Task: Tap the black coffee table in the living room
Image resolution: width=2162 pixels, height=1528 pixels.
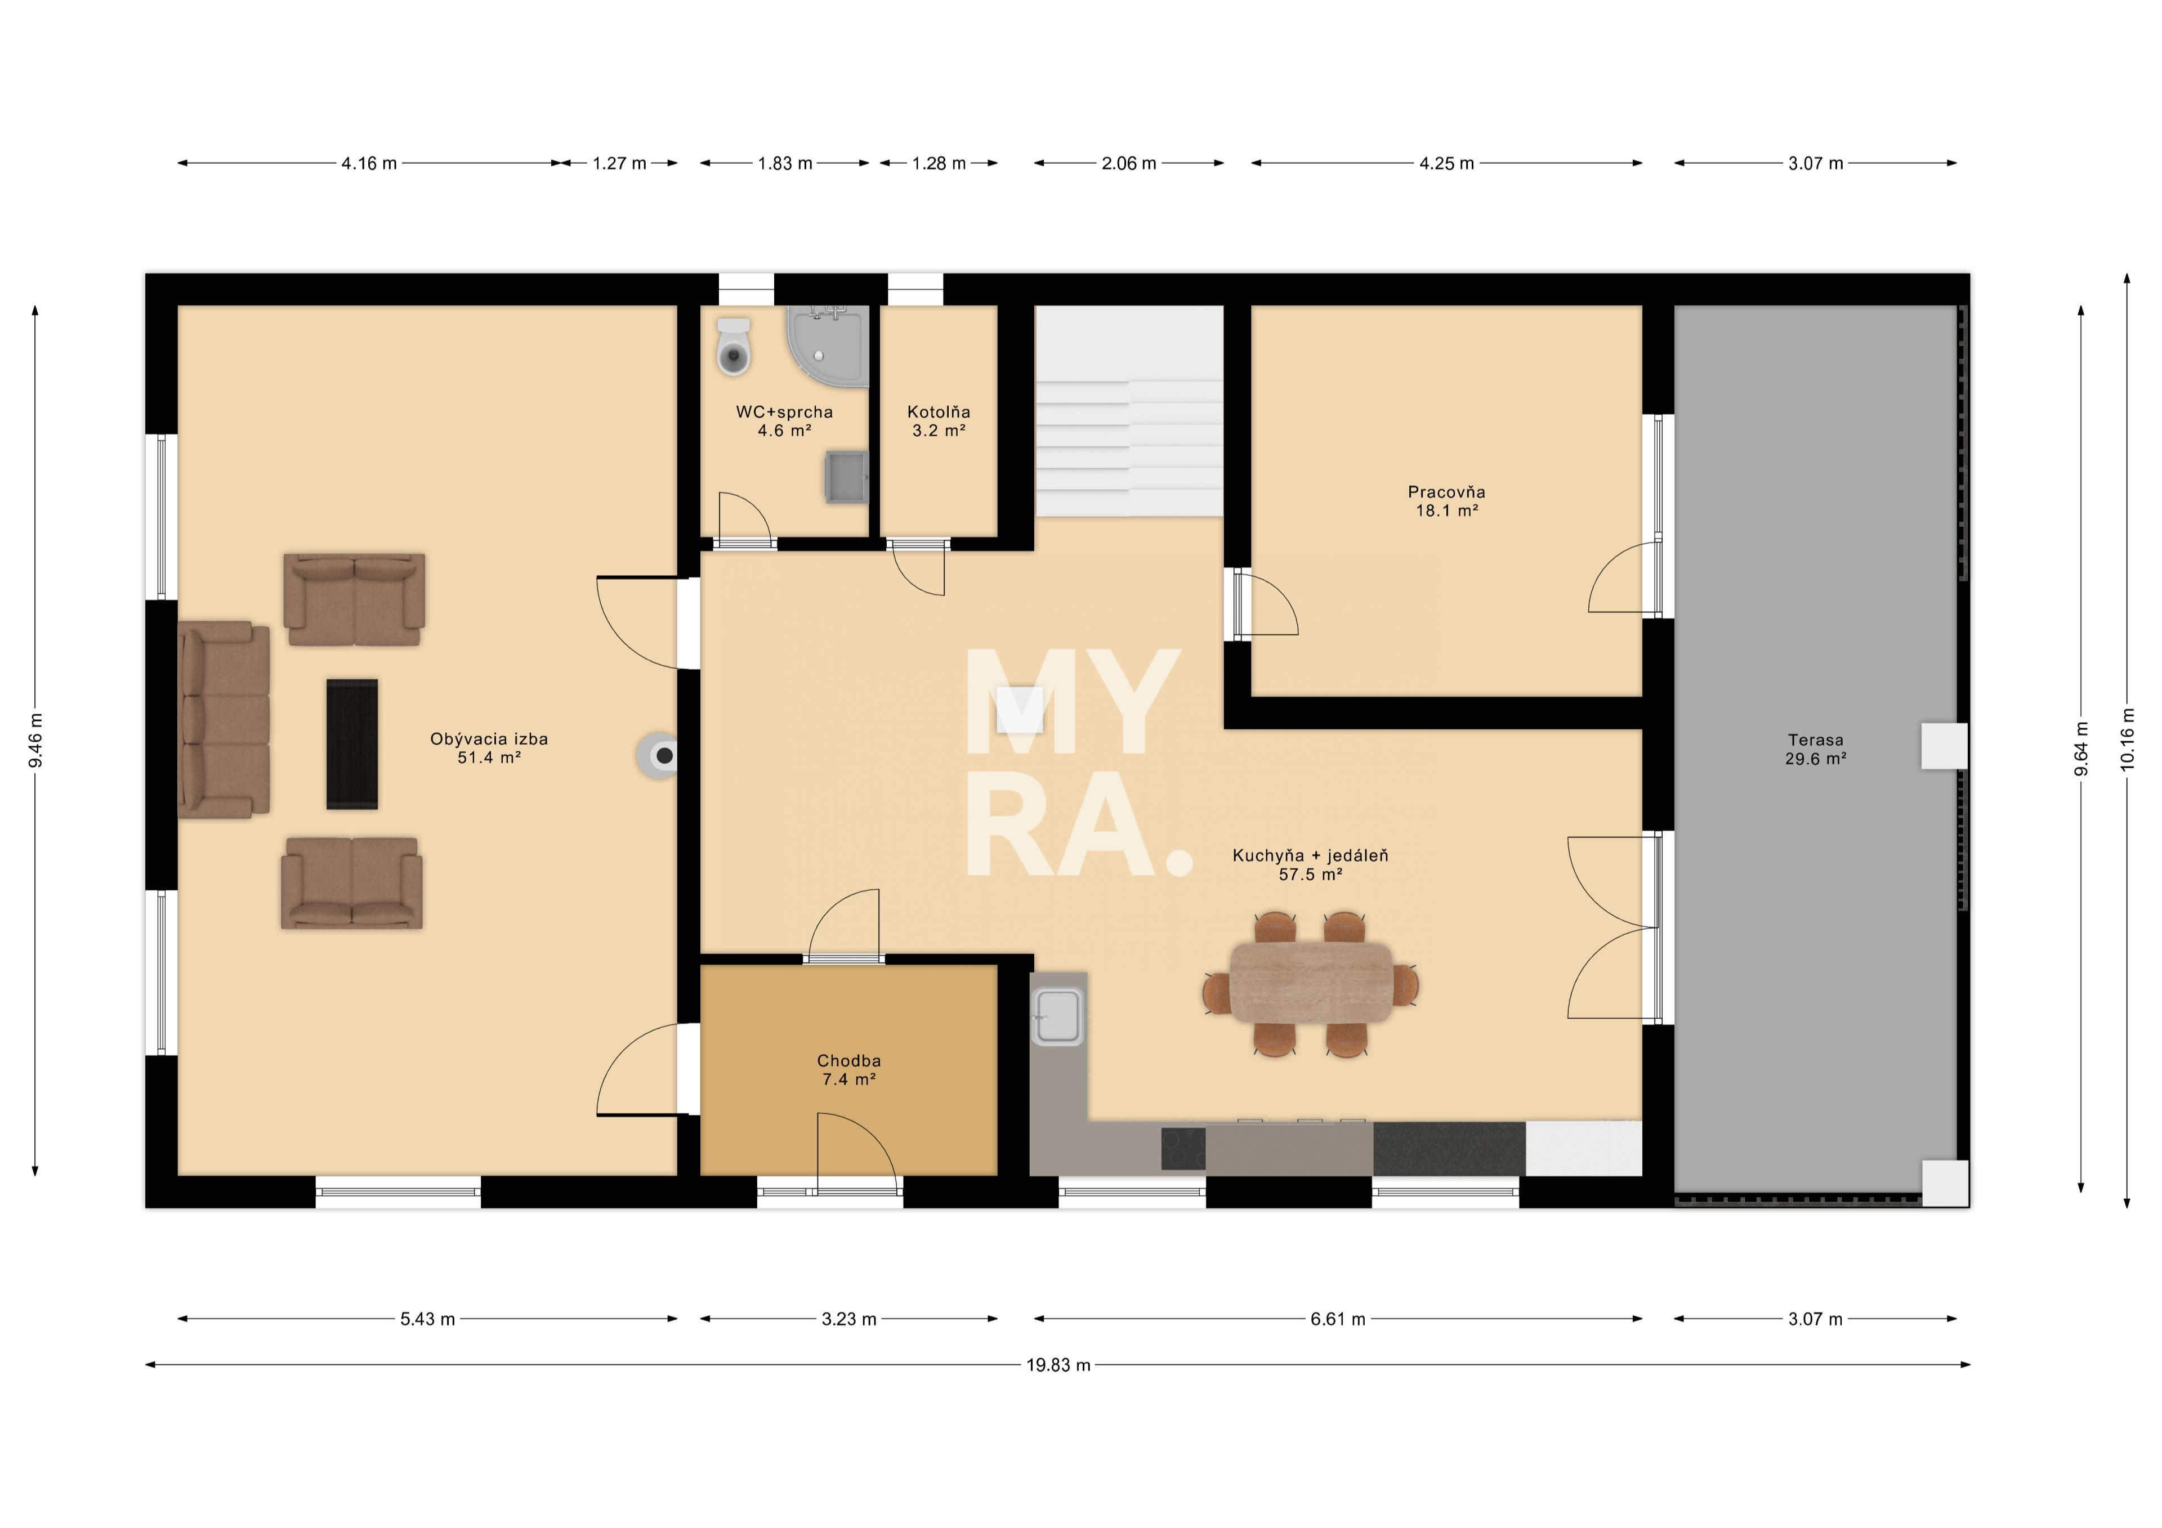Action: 352,744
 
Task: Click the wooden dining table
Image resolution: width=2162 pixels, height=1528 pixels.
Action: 1311,982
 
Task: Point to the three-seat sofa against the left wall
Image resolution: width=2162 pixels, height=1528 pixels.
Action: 224,719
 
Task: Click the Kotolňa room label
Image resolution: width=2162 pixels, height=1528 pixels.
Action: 939,413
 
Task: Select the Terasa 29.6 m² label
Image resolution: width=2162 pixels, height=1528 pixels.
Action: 1816,750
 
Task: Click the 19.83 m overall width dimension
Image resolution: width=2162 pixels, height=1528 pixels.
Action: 1058,1365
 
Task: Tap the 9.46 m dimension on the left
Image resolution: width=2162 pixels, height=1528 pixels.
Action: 36,740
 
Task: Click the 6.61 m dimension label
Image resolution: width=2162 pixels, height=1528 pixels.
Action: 1337,1319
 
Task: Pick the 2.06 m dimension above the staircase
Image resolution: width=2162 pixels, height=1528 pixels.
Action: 1129,163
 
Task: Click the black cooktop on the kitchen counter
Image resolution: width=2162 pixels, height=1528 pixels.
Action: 1183,1149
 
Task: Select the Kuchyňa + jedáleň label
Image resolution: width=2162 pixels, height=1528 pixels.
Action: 1311,856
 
